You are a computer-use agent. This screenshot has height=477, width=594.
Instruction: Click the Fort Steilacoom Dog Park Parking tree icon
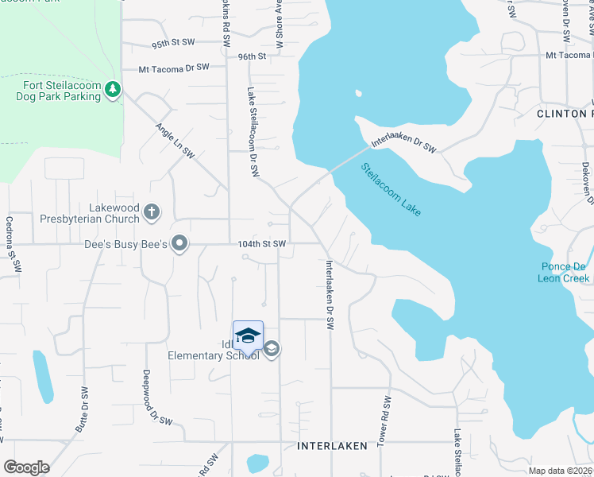pyautogui.click(x=113, y=90)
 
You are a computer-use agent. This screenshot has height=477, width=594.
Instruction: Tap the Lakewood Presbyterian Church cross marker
pyautogui.click(x=152, y=212)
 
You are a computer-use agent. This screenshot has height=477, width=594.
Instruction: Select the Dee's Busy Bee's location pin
pyautogui.click(x=180, y=244)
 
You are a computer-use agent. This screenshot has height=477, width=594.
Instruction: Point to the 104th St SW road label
pyautogui.click(x=260, y=244)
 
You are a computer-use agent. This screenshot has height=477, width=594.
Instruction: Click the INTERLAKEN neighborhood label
pyautogui.click(x=332, y=446)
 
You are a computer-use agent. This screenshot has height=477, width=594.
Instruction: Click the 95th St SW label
pyautogui.click(x=173, y=42)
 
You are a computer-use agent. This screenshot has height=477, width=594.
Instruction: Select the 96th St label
pyautogui.click(x=251, y=56)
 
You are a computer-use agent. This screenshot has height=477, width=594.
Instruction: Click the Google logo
pyautogui.click(x=26, y=467)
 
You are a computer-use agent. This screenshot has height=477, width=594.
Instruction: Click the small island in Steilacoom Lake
pyautogui.click(x=358, y=93)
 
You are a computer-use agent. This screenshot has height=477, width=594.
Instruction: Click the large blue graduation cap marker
pyautogui.click(x=248, y=336)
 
